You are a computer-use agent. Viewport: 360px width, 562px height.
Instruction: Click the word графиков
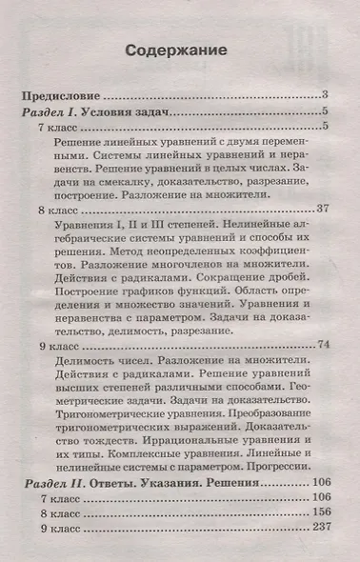click(x=157, y=313)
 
